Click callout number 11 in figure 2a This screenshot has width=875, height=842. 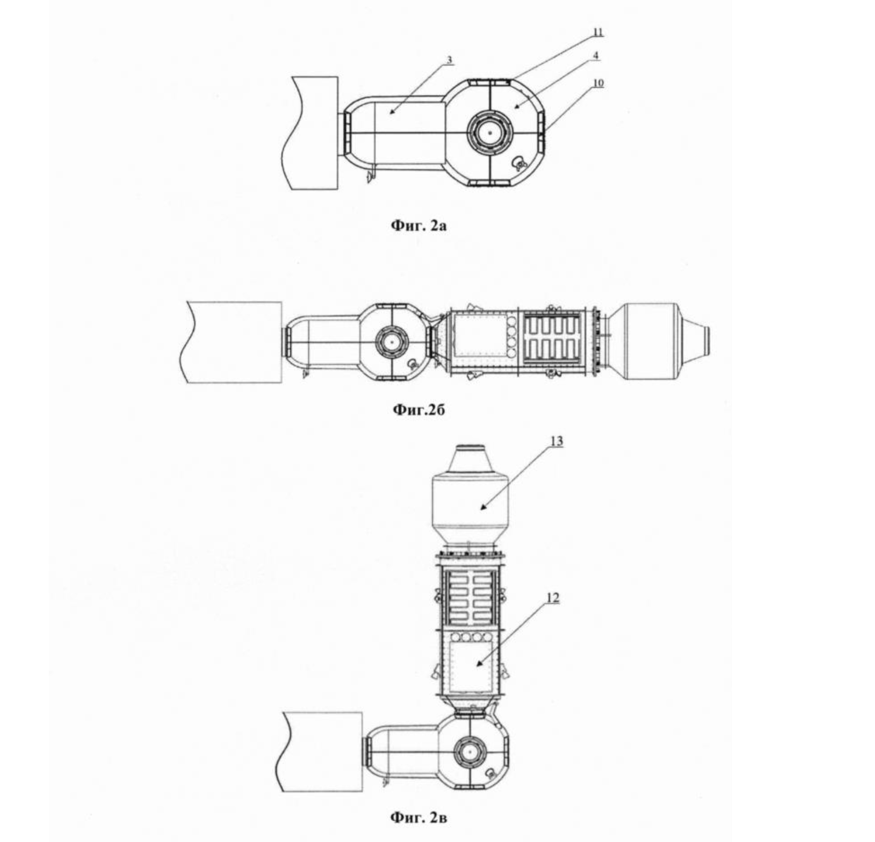[x=598, y=32]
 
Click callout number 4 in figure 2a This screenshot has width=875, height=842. [x=596, y=55]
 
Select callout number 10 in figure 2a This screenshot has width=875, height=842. [x=598, y=83]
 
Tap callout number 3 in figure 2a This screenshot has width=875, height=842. [x=449, y=60]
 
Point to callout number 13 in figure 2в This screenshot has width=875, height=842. [x=556, y=441]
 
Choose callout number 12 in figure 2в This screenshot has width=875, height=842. [x=553, y=598]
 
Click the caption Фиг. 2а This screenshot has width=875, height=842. [x=418, y=225]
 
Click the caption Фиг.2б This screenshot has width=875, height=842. [x=419, y=409]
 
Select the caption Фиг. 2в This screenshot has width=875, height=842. [x=418, y=818]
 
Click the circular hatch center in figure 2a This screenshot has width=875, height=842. [x=489, y=133]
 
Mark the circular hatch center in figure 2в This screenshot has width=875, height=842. [x=469, y=753]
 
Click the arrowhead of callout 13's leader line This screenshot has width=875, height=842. [x=483, y=508]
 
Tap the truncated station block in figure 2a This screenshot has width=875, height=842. [x=311, y=133]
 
